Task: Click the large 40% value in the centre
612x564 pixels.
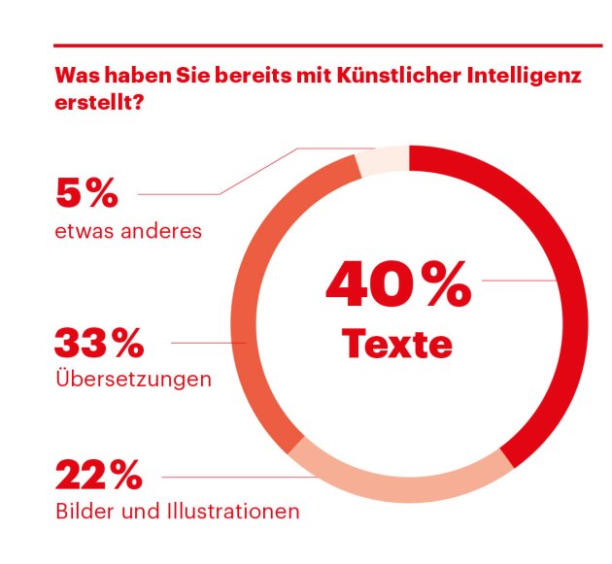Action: (x=398, y=286)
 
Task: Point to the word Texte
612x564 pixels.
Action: (x=397, y=344)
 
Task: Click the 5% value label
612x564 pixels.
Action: (x=86, y=194)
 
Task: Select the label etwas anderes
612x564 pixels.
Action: (x=127, y=231)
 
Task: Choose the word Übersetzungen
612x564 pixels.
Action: (x=133, y=379)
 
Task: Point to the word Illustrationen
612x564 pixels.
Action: (x=232, y=511)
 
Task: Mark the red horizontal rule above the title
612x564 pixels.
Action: (x=327, y=44)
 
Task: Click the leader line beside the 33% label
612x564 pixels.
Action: (x=209, y=343)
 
